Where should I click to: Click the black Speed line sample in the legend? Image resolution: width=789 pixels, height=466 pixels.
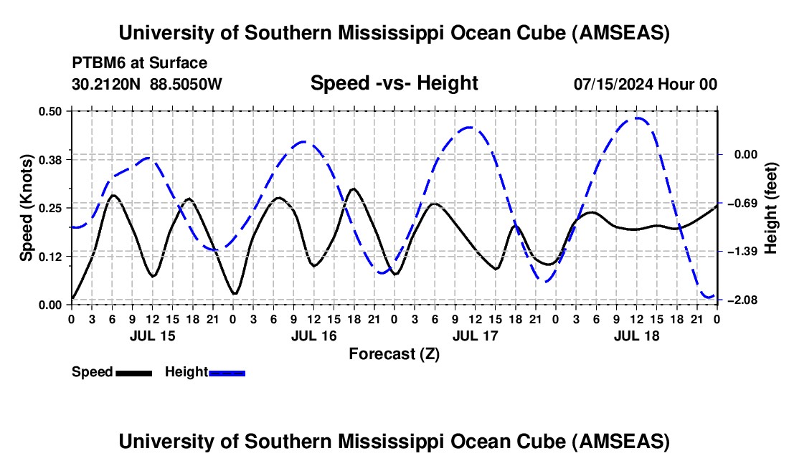tap(133, 372)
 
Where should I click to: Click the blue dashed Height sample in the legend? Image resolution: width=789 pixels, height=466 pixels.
tap(227, 372)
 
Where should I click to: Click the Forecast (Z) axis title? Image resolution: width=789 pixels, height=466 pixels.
tap(394, 353)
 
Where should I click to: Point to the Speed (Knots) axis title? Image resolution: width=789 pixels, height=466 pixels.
tap(27, 207)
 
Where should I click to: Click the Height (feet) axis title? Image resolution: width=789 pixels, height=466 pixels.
tap(771, 207)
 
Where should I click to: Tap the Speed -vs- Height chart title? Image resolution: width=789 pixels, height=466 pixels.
tap(394, 83)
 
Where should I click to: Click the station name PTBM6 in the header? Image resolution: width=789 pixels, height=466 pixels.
tap(98, 63)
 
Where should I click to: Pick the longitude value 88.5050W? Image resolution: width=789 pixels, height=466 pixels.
tap(186, 84)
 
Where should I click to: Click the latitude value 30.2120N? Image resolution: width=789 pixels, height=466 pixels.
tap(106, 84)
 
